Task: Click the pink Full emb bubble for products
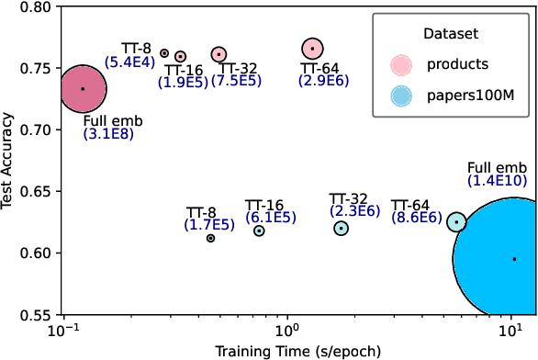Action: point(83,89)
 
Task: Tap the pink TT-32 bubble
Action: point(219,55)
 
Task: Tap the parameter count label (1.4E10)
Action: point(498,181)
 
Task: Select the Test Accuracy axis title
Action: point(10,161)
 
